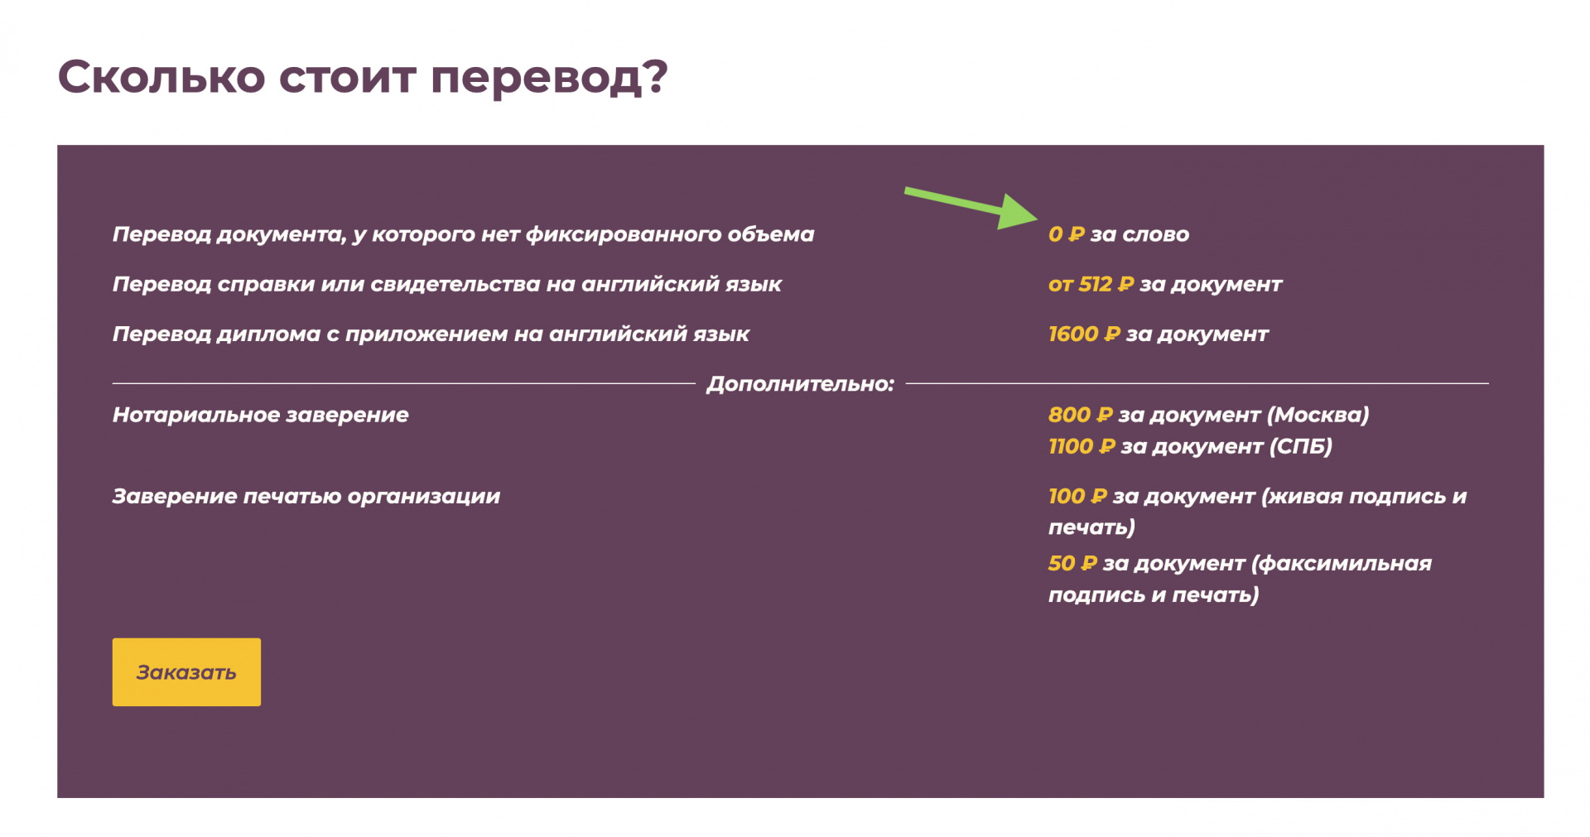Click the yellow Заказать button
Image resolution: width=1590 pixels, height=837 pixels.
[186, 671]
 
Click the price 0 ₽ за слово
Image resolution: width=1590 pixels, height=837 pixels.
[1118, 234]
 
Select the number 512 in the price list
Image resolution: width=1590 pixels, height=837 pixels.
[1095, 284]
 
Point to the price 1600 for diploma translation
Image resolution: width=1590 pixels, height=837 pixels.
[1072, 334]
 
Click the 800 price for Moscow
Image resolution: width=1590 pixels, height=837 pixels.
[1069, 415]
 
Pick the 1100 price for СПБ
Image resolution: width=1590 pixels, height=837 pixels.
[1070, 446]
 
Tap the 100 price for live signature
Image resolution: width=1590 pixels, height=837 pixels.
[1066, 496]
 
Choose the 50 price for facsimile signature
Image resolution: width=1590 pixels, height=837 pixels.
[1061, 563]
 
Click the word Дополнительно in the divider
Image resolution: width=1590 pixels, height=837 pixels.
[800, 384]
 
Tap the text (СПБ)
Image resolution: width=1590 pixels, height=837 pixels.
[1301, 446]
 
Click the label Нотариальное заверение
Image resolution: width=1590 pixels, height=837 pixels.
[261, 415]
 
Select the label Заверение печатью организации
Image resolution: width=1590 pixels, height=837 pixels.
[306, 496]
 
